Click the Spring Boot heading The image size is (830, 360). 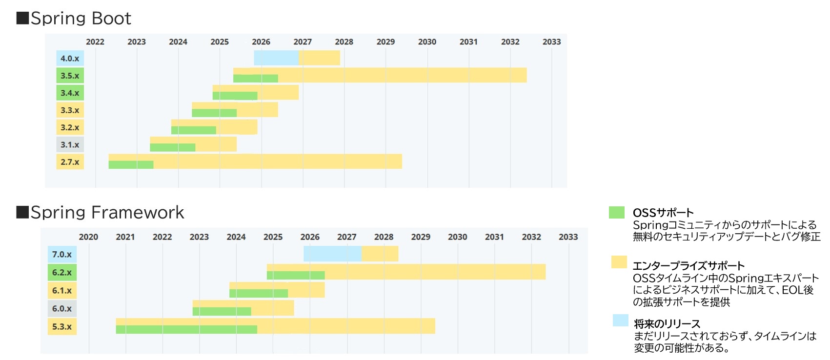click(74, 18)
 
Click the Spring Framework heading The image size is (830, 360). click(101, 212)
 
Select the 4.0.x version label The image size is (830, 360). click(70, 59)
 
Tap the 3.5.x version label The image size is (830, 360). click(70, 76)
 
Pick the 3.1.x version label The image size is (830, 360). click(70, 145)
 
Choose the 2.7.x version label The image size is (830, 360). click(70, 162)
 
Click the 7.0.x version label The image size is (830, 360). click(62, 254)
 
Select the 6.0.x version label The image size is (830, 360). click(62, 308)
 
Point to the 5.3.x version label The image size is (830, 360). click(62, 326)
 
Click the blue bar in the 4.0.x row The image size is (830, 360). click(276, 58)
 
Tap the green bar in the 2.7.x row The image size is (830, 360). click(131, 165)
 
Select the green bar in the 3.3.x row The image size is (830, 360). click(214, 113)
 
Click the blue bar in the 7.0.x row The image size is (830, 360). click(332, 254)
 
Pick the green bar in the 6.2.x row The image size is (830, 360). click(296, 276)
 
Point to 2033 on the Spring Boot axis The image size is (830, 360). click(551, 42)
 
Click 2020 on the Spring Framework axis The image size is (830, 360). click(88, 237)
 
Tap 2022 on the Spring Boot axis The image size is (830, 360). click(95, 42)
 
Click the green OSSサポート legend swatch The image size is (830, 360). click(617, 212)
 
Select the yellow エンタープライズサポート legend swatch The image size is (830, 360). click(619, 262)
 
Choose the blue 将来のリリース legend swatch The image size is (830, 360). click(620, 320)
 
